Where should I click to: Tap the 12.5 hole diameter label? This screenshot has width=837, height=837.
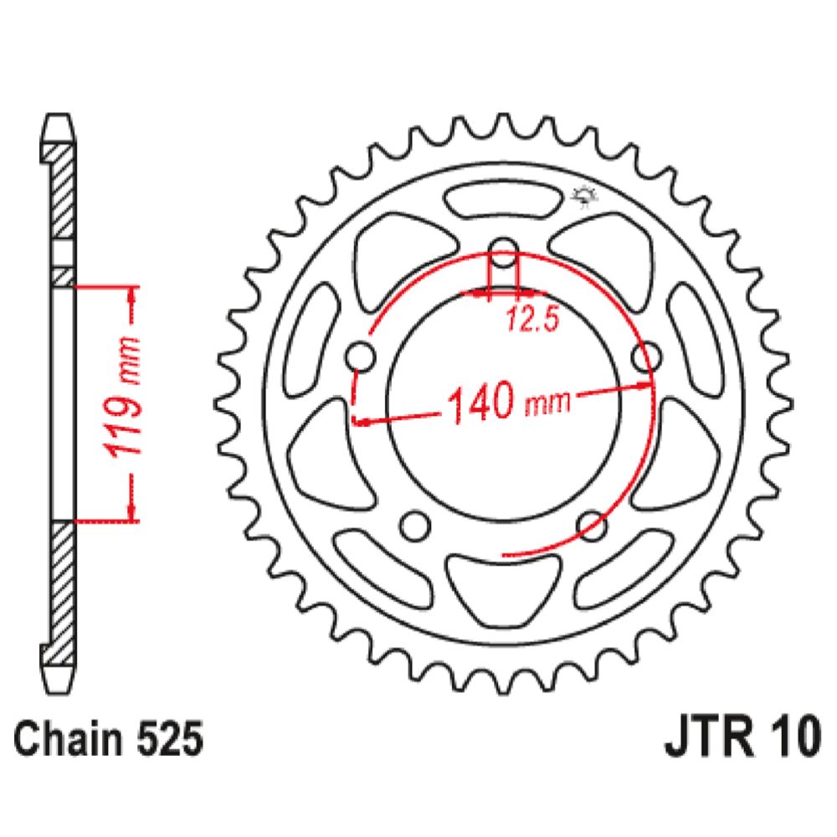pyautogui.click(x=531, y=319)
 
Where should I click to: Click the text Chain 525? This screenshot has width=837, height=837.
pyautogui.click(x=108, y=739)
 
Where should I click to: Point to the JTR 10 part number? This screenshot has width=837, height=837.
pyautogui.click(x=742, y=737)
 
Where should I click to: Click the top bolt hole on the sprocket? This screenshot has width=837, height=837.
pyautogui.click(x=504, y=253)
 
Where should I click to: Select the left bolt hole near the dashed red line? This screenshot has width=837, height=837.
pyautogui.click(x=361, y=357)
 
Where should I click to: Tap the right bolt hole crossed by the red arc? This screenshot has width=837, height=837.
pyautogui.click(x=646, y=357)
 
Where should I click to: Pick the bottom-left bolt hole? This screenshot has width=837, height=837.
pyautogui.click(x=415, y=526)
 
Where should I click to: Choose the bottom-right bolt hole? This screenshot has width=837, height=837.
pyautogui.click(x=592, y=526)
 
